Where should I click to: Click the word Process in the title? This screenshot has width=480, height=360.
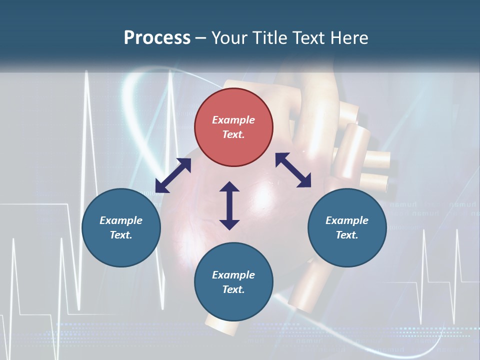[x=157, y=38]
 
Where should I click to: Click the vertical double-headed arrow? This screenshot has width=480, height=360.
[x=229, y=206]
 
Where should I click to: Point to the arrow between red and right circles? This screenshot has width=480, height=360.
[x=293, y=170]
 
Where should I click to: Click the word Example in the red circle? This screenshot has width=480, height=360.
[x=233, y=120]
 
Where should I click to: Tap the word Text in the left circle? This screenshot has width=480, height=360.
[x=121, y=235]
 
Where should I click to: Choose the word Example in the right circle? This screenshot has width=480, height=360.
[x=347, y=220]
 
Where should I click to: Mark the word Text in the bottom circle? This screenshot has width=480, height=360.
[x=233, y=289]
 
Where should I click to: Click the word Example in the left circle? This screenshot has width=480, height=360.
[x=121, y=220]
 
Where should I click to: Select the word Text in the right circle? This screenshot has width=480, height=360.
[x=347, y=235]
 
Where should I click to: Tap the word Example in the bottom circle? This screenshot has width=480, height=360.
[x=233, y=275]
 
